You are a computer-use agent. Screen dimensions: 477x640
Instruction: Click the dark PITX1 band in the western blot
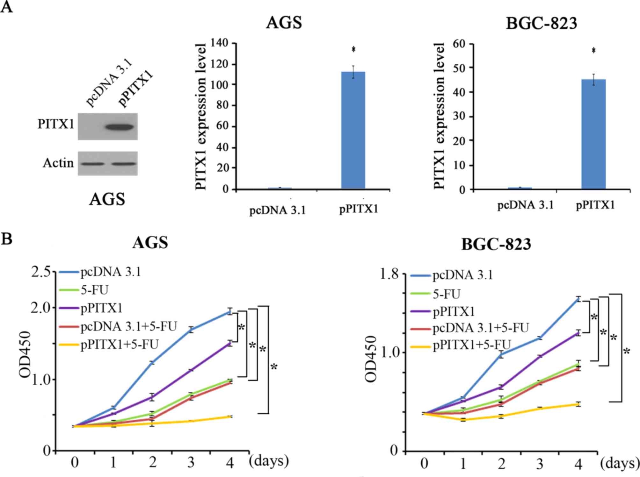coord(120,127)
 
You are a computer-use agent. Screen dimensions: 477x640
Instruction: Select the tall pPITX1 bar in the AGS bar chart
coord(353,131)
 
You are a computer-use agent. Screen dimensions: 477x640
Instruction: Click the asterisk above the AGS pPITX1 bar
coord(353,50)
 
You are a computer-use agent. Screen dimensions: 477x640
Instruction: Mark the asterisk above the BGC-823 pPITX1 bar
coord(593,51)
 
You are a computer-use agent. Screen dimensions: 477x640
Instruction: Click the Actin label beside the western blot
coord(58,163)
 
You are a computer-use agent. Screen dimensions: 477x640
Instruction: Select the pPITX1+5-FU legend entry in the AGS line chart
coord(119,345)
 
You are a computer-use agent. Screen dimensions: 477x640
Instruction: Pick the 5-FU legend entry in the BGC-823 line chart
coord(446,294)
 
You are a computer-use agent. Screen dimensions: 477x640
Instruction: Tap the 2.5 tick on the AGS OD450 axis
coord(41,273)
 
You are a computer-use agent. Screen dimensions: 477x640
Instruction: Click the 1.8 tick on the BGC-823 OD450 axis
coord(389,274)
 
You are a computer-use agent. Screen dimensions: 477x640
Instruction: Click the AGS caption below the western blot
coord(107,199)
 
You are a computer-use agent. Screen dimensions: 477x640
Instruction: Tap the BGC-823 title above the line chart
coord(496,245)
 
